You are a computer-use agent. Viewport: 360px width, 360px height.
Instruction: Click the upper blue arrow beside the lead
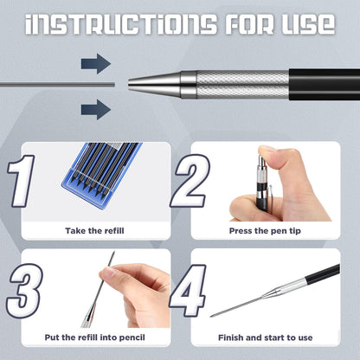coord(96,62)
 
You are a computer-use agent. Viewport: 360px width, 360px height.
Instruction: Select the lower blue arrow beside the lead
coord(96,107)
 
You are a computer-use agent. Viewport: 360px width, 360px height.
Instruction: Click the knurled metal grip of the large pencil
coord(241,84)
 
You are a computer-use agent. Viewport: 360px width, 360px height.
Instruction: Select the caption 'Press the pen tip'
coord(265,231)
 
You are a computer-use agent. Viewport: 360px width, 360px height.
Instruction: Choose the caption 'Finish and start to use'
coord(265,337)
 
